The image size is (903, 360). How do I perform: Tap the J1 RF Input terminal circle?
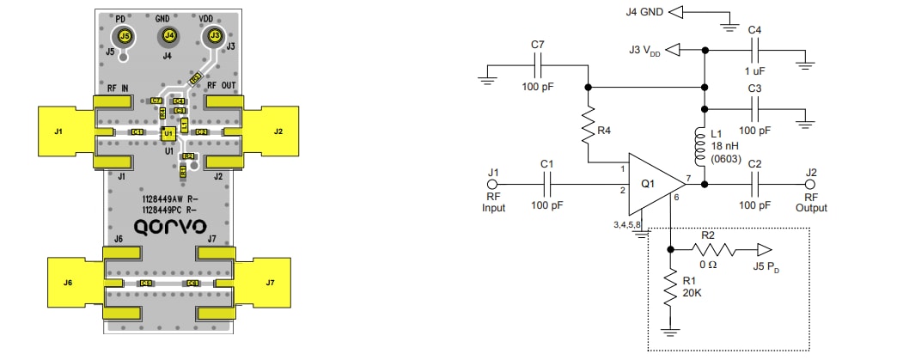492,184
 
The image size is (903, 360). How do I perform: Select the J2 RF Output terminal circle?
810,184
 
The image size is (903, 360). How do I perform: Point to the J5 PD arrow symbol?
764,249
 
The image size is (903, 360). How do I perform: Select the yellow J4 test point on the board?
169,36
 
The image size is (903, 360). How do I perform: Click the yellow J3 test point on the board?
215,36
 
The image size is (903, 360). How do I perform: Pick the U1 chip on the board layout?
169,133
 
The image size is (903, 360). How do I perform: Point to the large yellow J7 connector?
268,281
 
